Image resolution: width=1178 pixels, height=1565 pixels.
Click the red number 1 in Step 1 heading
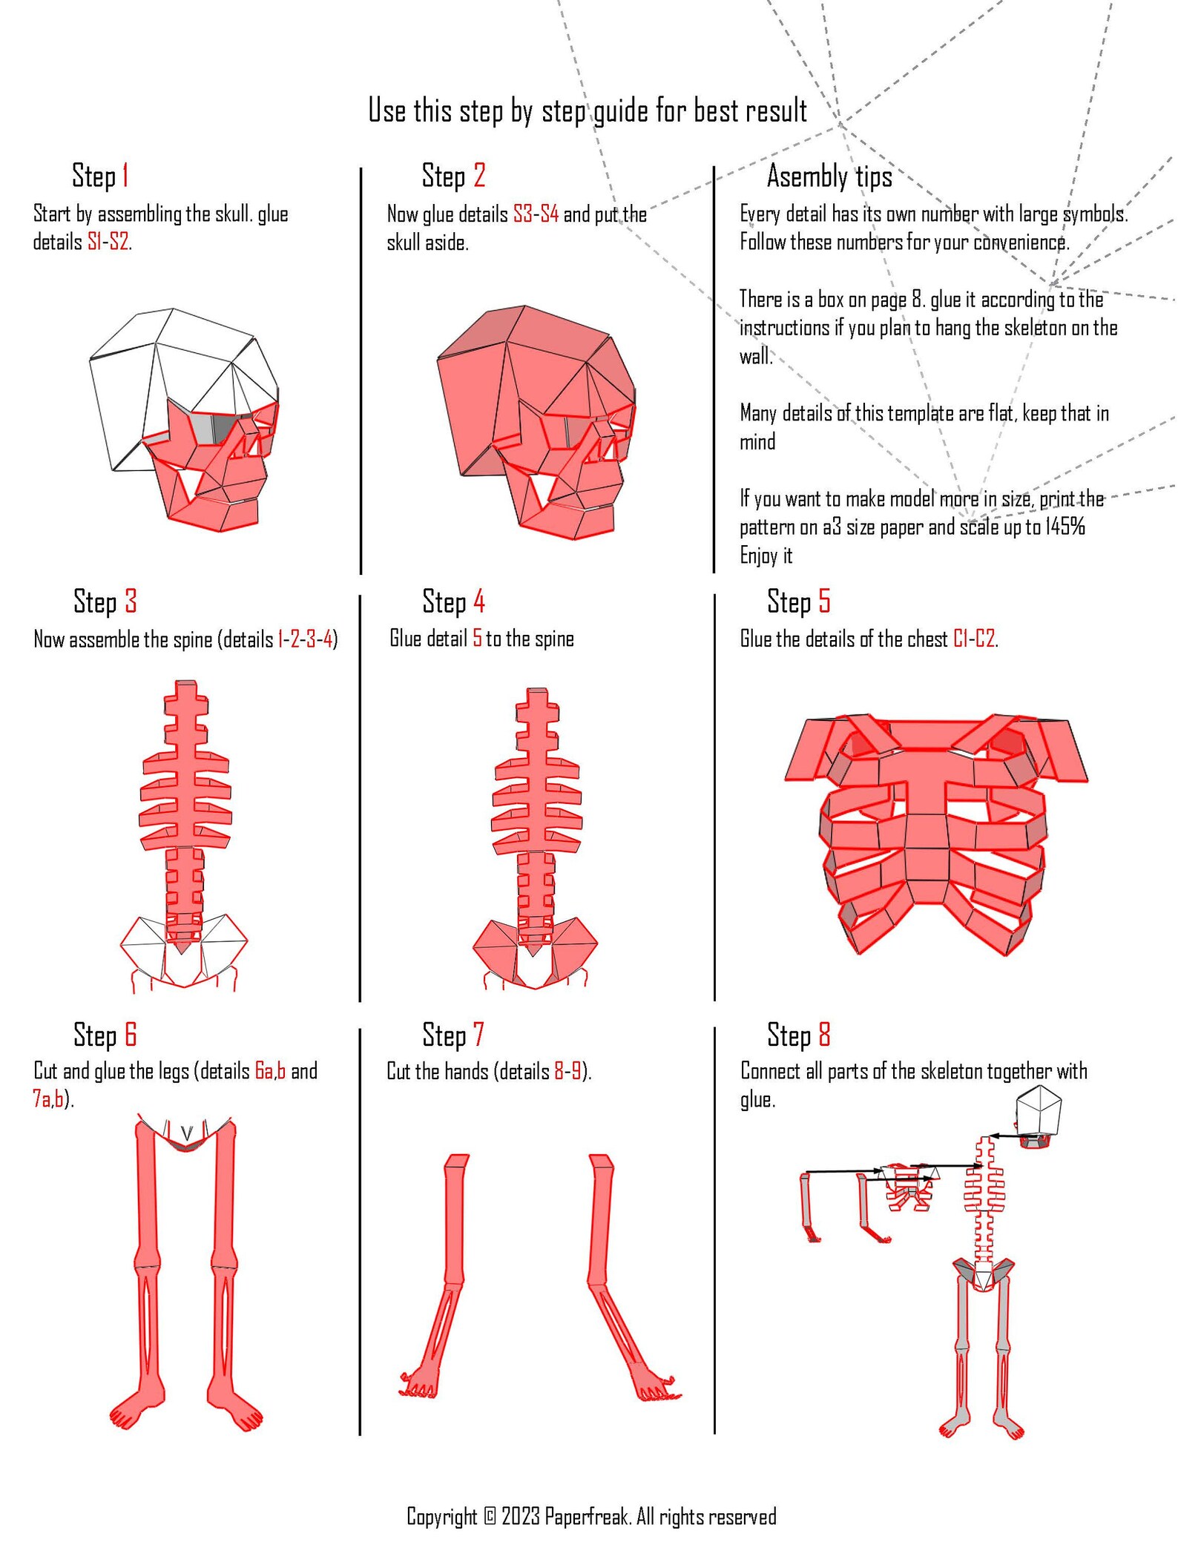click(x=125, y=177)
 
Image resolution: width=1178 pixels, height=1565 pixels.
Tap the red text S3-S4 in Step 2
click(x=536, y=214)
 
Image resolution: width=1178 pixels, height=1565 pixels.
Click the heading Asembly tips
click(x=829, y=177)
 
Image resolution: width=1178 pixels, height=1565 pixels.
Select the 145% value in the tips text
click(x=1065, y=527)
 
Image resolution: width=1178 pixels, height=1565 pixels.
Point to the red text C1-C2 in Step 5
click(x=973, y=639)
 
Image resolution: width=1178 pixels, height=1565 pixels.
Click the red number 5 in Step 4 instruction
click(x=477, y=638)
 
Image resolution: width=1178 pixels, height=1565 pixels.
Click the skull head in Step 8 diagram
click(x=1039, y=1113)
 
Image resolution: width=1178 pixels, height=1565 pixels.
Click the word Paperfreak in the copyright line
click(x=588, y=1516)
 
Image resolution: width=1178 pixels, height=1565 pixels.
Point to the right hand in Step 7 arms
click(x=656, y=1387)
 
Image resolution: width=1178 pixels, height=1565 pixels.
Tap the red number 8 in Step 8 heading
click(x=824, y=1034)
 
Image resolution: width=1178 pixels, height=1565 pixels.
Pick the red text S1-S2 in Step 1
click(x=108, y=243)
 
